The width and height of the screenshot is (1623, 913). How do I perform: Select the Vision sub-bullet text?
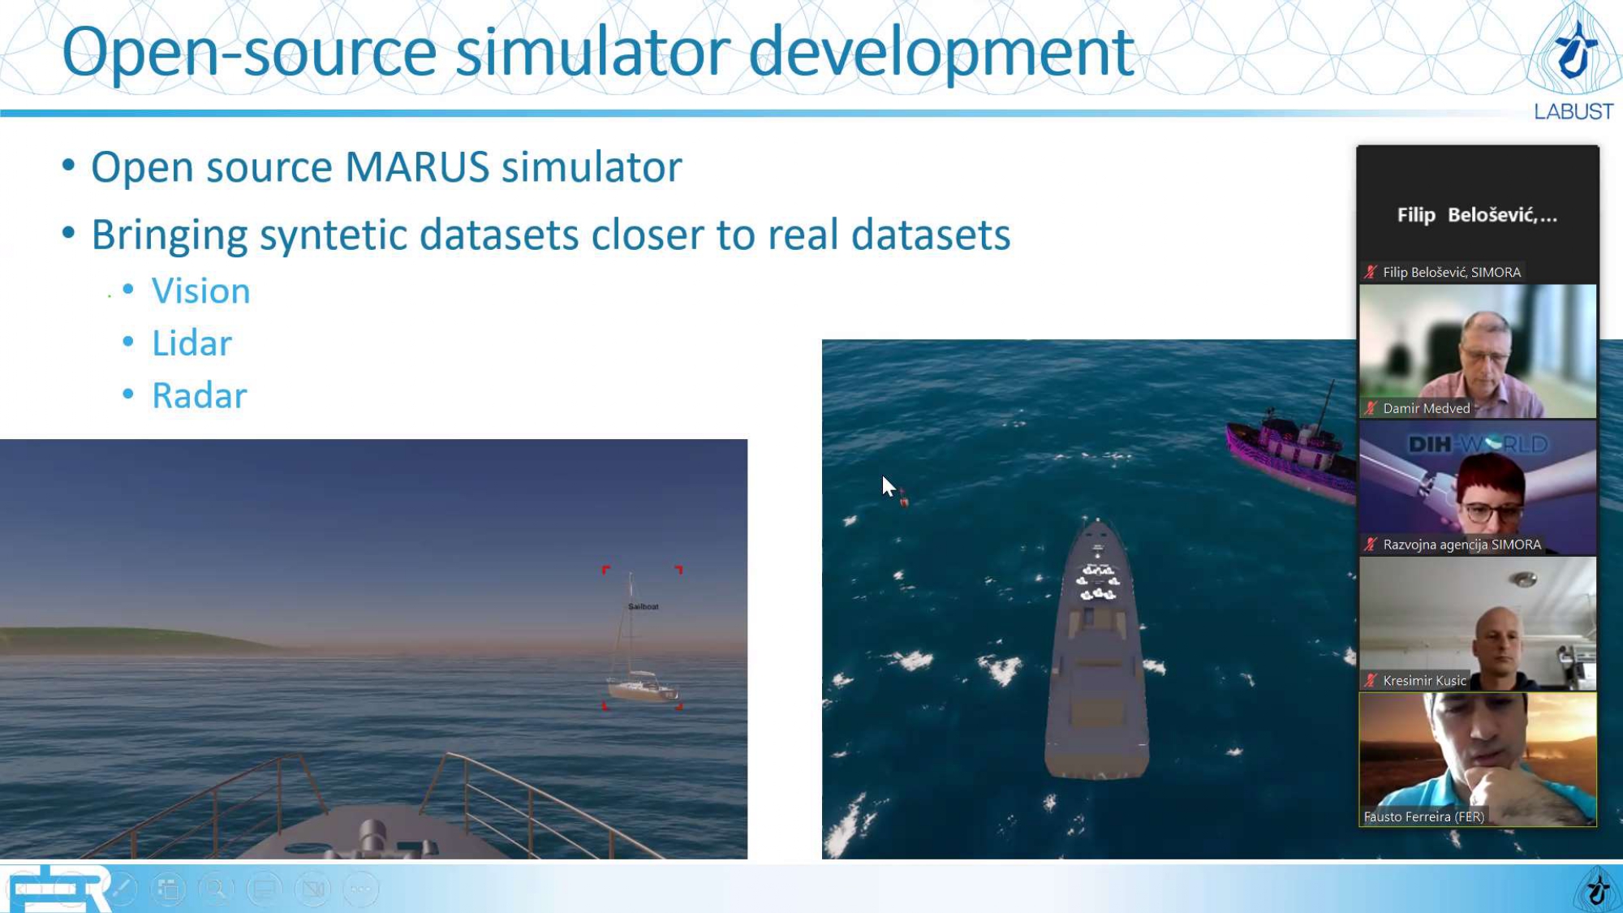pos(201,291)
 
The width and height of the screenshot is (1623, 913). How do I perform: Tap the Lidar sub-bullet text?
pos(192,343)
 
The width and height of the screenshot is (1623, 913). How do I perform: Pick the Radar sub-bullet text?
pos(200,396)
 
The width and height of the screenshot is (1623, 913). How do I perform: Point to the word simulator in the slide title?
pos(592,52)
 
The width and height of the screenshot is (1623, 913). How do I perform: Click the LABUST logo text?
pos(1573,112)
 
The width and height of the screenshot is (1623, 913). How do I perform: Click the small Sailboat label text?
pos(644,606)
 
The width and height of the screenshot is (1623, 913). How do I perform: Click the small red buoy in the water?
pos(904,500)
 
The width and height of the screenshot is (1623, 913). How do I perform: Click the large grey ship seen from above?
pos(1097,649)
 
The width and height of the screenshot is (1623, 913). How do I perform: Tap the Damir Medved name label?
pos(1426,408)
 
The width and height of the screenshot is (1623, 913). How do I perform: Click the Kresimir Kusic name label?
pos(1424,681)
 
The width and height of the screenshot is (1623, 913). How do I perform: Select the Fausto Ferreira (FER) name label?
pos(1423,816)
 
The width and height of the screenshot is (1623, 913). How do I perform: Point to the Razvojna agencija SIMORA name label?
pos(1462,545)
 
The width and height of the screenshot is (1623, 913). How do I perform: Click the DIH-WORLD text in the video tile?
pos(1478,445)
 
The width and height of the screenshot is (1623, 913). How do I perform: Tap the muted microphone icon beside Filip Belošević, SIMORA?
pos(1371,272)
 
